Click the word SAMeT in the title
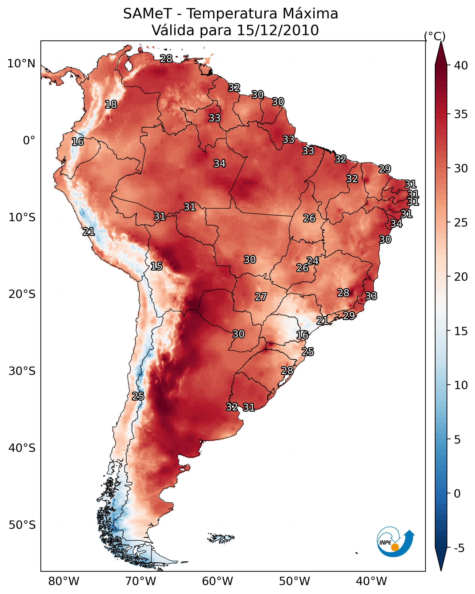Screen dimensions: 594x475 point(148,14)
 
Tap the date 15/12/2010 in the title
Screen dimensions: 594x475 point(278,30)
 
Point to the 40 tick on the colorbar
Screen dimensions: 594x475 point(461,65)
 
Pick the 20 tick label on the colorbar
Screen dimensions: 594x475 point(461,277)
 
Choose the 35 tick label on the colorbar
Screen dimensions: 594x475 point(461,114)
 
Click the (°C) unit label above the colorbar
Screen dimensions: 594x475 point(435,36)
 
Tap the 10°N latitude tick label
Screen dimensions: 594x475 point(21,64)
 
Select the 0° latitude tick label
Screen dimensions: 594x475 point(29,141)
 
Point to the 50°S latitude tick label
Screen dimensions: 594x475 point(22,525)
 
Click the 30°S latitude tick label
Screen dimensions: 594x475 point(22,371)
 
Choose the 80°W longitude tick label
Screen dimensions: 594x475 point(64,581)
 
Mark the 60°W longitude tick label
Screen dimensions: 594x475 point(218,581)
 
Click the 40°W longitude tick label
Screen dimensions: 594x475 point(371,581)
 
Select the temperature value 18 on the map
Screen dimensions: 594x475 point(111,105)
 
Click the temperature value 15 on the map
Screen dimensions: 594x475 point(156,266)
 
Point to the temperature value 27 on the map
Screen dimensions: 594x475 point(261,297)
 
